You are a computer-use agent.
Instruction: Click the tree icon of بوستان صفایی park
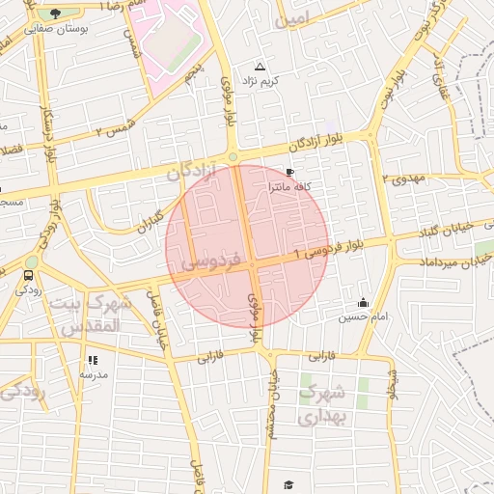[x=54, y=14]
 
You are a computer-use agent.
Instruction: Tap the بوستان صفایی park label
[x=54, y=30]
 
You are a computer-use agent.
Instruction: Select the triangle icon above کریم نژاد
[x=259, y=67]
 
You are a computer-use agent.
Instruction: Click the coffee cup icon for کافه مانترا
[x=289, y=173]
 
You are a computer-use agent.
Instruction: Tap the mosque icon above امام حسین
[x=363, y=302]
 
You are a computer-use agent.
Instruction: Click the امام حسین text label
[x=363, y=316]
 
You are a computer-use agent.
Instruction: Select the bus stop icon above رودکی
[x=27, y=275]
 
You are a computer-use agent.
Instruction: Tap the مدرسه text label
[x=94, y=373]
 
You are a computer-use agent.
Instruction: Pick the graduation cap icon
[x=287, y=484]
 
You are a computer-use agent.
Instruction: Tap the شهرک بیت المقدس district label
[x=86, y=316]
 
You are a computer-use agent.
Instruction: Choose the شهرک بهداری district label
[x=321, y=405]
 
